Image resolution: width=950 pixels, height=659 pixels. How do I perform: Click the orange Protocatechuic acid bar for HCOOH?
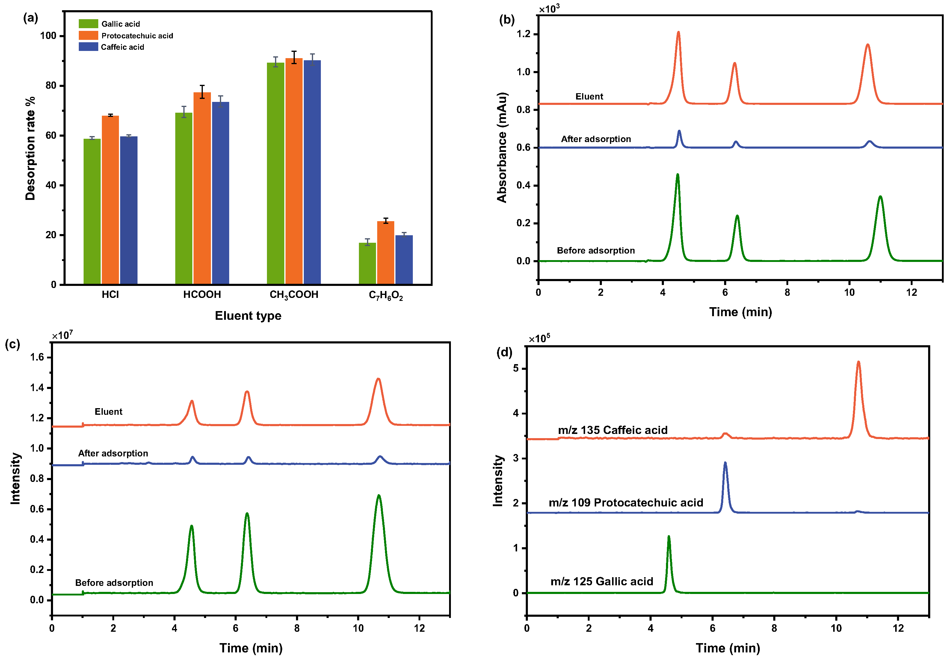point(202,188)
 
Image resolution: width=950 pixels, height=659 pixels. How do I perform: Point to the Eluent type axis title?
point(248,316)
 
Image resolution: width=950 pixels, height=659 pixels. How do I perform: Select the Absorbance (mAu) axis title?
point(502,147)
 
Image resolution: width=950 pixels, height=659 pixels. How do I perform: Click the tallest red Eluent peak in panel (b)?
point(678,33)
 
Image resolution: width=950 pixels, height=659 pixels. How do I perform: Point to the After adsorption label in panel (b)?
point(596,139)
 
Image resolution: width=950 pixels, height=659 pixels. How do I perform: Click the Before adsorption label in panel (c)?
point(114,583)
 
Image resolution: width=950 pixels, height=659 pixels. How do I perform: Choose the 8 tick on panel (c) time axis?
point(297,628)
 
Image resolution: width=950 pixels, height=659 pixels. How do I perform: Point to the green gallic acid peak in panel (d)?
point(669,538)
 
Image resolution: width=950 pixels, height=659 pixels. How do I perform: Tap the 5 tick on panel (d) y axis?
point(516,368)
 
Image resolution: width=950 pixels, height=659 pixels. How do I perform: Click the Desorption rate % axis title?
point(30,149)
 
